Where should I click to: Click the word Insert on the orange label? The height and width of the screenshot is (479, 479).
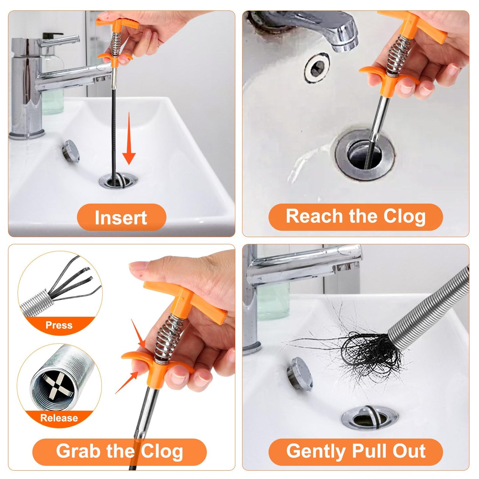tap(121, 218)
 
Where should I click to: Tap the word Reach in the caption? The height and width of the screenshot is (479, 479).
tap(314, 216)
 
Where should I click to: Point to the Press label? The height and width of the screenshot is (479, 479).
tap(59, 325)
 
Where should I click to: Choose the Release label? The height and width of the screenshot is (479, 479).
tap(59, 418)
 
